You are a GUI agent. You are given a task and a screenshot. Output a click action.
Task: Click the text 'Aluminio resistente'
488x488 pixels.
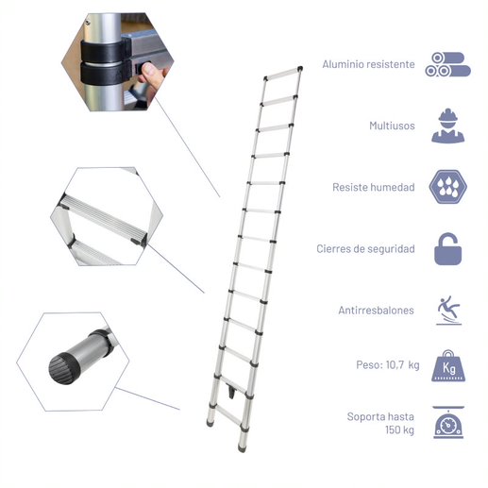pos(368,64)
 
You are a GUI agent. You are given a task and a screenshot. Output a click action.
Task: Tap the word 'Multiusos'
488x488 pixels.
pos(392,126)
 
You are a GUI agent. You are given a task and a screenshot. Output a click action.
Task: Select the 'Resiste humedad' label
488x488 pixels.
pos(374,187)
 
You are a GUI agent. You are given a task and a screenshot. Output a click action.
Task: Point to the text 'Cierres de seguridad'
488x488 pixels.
pos(365,249)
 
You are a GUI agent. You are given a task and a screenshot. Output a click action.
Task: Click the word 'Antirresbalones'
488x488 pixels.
pos(376,311)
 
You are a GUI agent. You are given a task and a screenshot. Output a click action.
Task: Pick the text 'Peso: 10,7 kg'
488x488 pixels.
pos(388,365)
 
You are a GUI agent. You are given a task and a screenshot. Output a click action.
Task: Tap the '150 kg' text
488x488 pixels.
pos(399,429)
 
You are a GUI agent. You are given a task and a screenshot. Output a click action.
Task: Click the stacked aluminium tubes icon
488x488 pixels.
pos(447,64)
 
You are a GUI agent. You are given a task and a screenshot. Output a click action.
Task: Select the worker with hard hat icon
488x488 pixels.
pos(447,126)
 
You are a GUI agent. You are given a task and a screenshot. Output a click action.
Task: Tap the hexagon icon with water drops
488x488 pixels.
pos(447,187)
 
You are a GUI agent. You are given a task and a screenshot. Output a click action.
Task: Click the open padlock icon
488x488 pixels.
pos(447,249)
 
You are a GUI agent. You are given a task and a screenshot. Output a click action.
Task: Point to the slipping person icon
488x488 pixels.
pos(448,311)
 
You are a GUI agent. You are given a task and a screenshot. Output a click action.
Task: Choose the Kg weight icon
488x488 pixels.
pos(448,365)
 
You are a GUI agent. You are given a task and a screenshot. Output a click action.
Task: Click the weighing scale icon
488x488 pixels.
pos(448,422)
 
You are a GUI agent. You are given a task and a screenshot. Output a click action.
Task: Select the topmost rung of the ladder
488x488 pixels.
pos(282,74)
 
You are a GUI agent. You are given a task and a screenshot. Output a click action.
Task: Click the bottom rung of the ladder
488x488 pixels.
pos(228,415)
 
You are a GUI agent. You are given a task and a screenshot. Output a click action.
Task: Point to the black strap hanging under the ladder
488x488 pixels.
pos(232,392)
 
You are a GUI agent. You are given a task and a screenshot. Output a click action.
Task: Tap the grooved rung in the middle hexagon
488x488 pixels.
pos(104,219)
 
